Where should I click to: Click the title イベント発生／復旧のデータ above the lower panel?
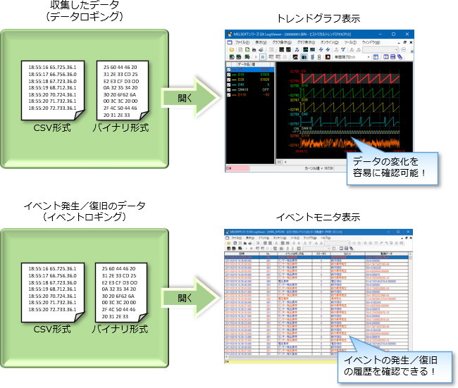85,206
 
